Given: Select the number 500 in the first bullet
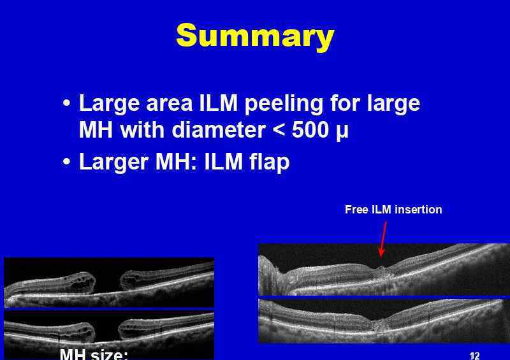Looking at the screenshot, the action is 310,130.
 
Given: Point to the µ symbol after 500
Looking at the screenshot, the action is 341,132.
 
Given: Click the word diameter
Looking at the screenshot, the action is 218,130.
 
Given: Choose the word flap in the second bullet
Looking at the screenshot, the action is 269,162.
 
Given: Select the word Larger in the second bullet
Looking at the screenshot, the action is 114,162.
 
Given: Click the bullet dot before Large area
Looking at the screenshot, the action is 66,103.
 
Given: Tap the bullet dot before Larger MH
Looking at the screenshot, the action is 66,161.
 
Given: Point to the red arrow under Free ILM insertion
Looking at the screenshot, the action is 384,239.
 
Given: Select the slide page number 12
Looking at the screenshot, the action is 475,356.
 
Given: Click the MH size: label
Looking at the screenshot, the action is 94,354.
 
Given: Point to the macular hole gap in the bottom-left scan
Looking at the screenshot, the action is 106,331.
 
